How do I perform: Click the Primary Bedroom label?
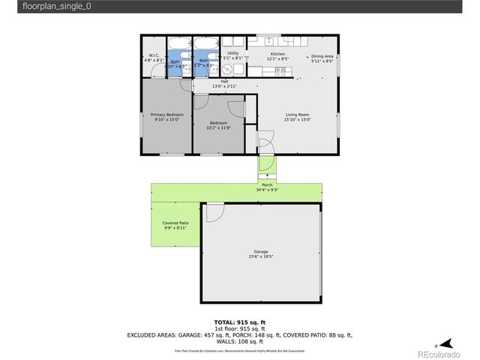click(166, 114)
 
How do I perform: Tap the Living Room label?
click(297, 114)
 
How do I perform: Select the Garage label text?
click(260, 251)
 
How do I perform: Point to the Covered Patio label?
click(175, 223)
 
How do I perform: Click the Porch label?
click(267, 184)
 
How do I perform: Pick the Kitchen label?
click(278, 54)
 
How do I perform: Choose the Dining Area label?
click(322, 57)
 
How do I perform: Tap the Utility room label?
click(233, 53)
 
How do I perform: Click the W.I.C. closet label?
click(152, 55)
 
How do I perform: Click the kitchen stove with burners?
click(281, 70)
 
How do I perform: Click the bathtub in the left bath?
click(179, 43)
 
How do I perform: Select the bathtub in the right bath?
click(205, 43)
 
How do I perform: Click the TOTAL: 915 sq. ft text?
click(240, 322)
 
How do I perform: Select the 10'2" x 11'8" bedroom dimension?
click(218, 127)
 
